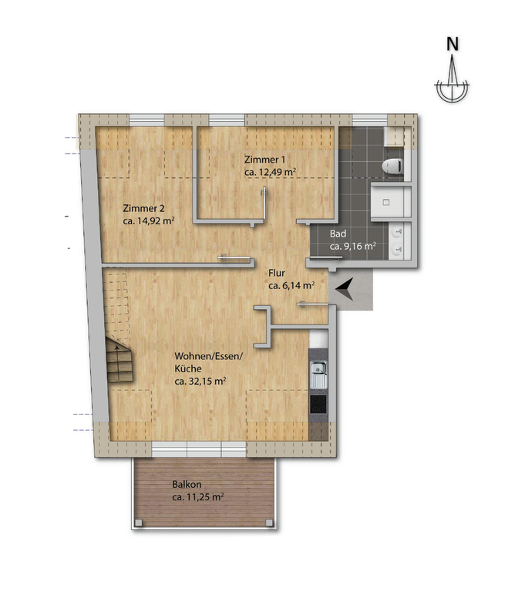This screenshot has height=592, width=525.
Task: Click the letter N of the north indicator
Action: click(x=452, y=44)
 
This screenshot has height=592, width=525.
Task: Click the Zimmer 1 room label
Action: click(x=264, y=160)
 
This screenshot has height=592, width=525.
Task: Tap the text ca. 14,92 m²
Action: click(x=149, y=221)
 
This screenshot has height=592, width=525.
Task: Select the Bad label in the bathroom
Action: click(x=338, y=234)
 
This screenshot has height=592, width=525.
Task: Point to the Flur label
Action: click(x=277, y=273)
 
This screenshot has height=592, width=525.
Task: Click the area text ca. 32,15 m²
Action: click(x=200, y=381)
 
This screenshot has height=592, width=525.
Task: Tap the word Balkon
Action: click(x=187, y=484)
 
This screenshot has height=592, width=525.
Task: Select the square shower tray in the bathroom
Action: click(x=387, y=202)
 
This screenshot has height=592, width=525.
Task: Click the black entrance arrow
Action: click(x=345, y=289)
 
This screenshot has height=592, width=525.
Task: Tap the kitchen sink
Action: click(x=318, y=374)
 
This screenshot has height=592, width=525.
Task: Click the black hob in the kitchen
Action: click(x=318, y=405)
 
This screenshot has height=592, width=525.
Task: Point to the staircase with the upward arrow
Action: click(x=119, y=359)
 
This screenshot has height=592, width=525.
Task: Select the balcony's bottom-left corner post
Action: click(x=139, y=523)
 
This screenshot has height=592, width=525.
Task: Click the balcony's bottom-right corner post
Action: click(x=269, y=523)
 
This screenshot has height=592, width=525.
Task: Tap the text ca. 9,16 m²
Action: click(x=353, y=246)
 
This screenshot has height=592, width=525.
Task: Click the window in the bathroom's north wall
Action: click(x=370, y=119)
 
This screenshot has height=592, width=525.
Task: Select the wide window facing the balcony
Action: click(x=199, y=449)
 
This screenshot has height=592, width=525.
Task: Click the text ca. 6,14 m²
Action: click(x=291, y=285)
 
